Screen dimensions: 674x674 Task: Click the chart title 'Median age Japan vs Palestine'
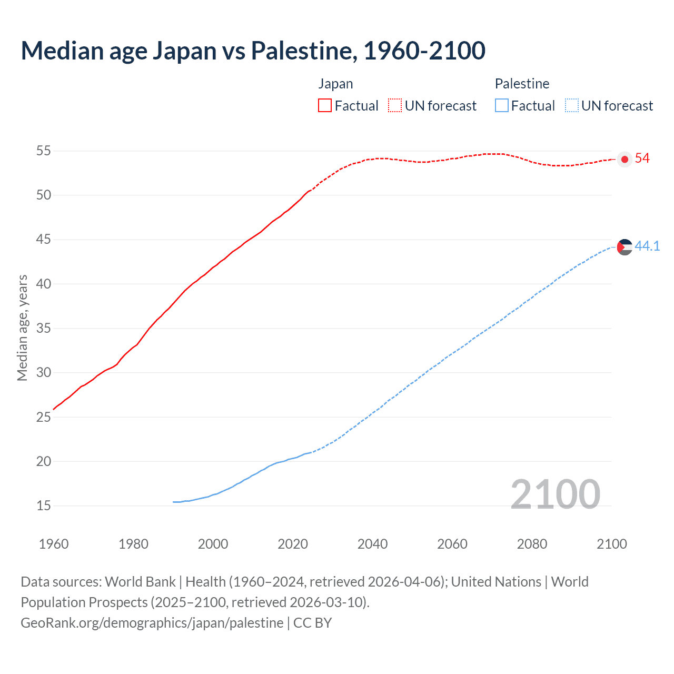[x=253, y=51]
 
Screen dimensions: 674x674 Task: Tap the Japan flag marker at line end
[x=625, y=159]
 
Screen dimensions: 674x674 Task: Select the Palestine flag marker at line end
[x=625, y=246]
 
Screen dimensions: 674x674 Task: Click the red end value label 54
[x=642, y=158]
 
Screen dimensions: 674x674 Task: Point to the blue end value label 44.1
[x=647, y=246]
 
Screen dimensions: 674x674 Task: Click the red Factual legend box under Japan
[x=325, y=106]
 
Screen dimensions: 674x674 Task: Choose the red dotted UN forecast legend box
[x=395, y=106]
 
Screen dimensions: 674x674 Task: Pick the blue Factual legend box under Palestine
[x=502, y=106]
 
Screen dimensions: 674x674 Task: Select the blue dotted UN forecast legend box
[x=572, y=106]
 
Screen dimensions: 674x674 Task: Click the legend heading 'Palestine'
[x=522, y=84]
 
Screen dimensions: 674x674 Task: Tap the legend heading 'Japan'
[x=335, y=84]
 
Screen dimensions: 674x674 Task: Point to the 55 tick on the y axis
[x=44, y=151]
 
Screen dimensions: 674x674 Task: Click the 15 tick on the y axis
[x=44, y=506]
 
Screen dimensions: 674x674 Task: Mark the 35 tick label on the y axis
[x=44, y=329]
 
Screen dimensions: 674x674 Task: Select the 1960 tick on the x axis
[x=54, y=544]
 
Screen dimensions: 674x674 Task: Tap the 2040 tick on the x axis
[x=372, y=544]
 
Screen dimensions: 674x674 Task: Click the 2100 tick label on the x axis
[x=612, y=544]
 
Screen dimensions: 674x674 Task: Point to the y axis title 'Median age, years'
[x=22, y=328]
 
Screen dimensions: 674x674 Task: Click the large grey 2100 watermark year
[x=555, y=494]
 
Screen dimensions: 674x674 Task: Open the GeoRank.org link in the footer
[x=152, y=623]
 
